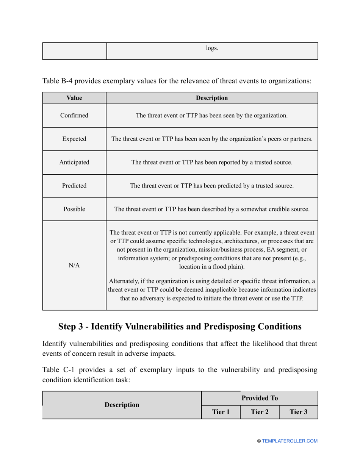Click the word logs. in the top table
click(212, 48)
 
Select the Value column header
click(74, 98)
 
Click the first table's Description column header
click(212, 98)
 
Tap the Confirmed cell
click(74, 116)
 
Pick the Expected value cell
click(74, 139)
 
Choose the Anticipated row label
click(74, 163)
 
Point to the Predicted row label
click(74, 186)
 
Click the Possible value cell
click(74, 209)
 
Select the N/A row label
click(74, 265)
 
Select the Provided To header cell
click(260, 398)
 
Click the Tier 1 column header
click(221, 411)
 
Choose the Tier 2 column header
click(260, 411)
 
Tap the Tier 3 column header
click(298, 411)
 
